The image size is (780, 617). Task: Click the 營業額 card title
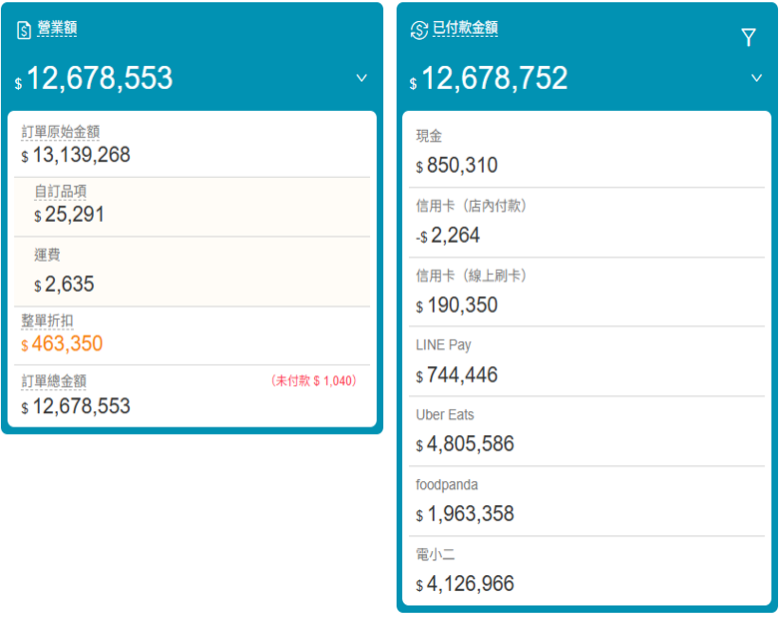pos(57,29)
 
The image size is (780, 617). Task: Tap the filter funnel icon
pos(748,38)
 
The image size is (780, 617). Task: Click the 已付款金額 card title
pos(465,29)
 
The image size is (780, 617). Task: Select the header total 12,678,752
pos(494,79)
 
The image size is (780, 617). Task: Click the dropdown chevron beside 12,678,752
pos(756,78)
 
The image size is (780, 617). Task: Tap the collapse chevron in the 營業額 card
pos(361,78)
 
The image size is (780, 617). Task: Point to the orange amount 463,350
pos(67,344)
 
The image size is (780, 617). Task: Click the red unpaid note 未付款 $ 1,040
pos(313,381)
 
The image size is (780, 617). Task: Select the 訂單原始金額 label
pos(61,132)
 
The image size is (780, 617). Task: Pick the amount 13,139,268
pos(81,156)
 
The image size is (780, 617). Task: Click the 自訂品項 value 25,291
pos(74,215)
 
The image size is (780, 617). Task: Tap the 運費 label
pos(47,256)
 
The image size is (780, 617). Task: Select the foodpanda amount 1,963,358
pos(470,515)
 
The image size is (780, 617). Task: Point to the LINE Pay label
pos(444,344)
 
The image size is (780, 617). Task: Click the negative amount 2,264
pos(455,236)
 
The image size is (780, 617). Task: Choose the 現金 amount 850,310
pos(462,166)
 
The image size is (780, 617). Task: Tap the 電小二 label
pos(436,554)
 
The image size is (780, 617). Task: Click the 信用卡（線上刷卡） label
pos(472,276)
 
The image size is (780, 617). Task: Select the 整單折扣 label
pos(47,321)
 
